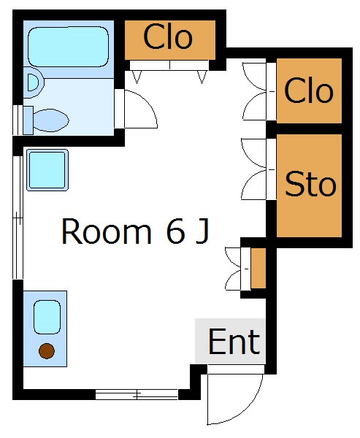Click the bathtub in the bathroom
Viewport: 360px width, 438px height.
[x=68, y=47]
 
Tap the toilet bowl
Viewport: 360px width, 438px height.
[x=51, y=120]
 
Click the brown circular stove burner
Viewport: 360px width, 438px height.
[x=47, y=351]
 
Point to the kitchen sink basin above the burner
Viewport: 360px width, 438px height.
[x=47, y=317]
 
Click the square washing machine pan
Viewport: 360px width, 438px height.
[x=47, y=170]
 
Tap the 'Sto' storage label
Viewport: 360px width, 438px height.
[x=310, y=184]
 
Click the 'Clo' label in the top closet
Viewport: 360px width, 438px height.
[x=168, y=36]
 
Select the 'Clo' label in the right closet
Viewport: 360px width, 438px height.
[x=309, y=90]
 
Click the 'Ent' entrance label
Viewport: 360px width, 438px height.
[x=234, y=342]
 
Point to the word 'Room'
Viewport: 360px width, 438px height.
[x=107, y=231]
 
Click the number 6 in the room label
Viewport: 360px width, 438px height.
[x=176, y=231]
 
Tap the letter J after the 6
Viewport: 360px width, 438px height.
[x=203, y=231]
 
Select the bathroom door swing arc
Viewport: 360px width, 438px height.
[x=148, y=104]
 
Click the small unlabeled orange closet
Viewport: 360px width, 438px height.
[x=258, y=268]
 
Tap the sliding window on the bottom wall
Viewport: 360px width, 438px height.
[x=137, y=394]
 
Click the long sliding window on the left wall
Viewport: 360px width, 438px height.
[x=18, y=218]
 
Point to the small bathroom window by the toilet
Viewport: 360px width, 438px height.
[x=18, y=120]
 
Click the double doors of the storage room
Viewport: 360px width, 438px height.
[x=254, y=169]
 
